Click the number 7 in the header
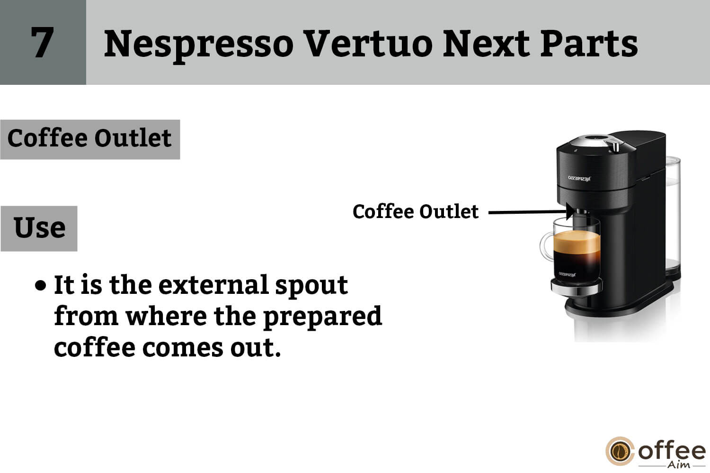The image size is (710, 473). [x=43, y=42]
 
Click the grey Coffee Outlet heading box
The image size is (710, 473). [x=90, y=139]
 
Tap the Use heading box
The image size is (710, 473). [x=39, y=228]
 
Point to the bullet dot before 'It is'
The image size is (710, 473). [x=41, y=285]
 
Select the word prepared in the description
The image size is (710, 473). [x=323, y=317]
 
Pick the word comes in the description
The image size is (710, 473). [x=182, y=348]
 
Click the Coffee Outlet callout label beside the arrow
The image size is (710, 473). [x=416, y=212]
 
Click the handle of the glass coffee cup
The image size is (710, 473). [x=546, y=246]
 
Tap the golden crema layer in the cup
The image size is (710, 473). [x=577, y=242]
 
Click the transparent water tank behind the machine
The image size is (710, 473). [x=673, y=216]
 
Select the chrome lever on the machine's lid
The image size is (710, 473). [x=615, y=146]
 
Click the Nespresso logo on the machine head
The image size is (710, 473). [x=579, y=178]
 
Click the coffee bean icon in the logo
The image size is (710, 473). [x=620, y=451]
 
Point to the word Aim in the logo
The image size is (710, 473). [x=679, y=465]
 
